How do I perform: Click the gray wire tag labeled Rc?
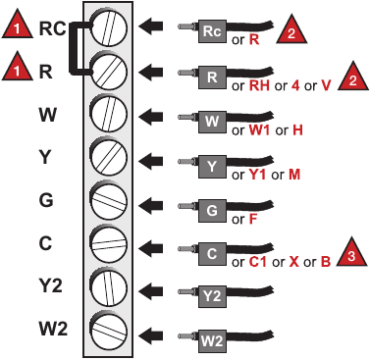[211, 31]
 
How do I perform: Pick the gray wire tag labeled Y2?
[212, 294]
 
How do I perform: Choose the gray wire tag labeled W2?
[212, 342]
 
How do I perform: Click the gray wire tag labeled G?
[212, 208]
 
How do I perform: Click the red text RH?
[259, 85]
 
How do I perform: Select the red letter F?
[252, 219]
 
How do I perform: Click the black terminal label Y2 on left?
[49, 284]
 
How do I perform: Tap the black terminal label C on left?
[46, 241]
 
